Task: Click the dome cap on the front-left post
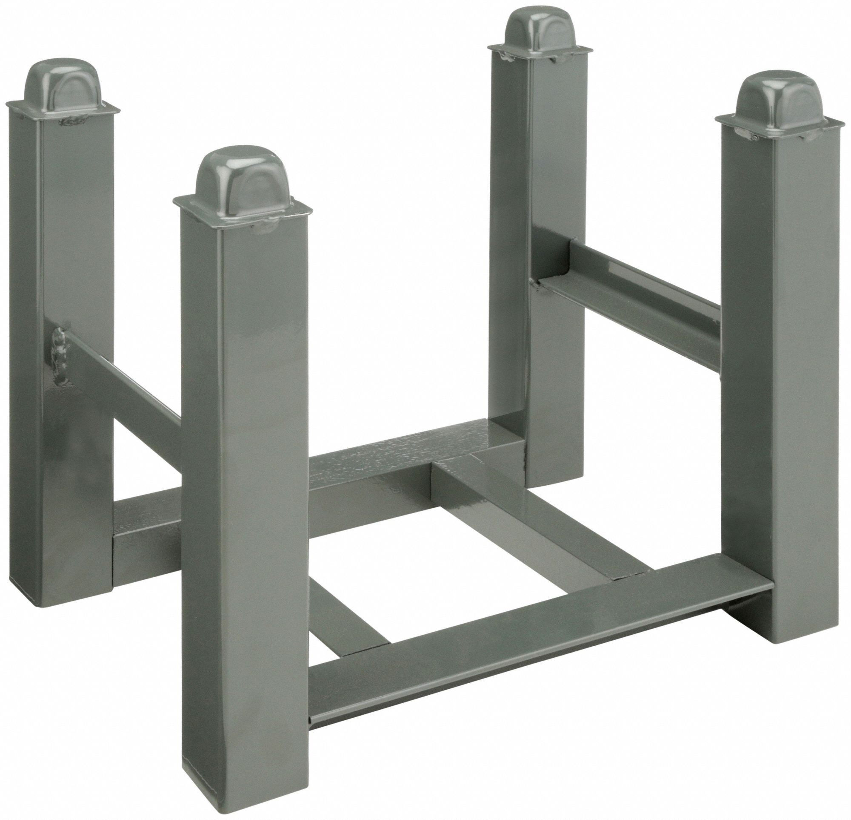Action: pyautogui.click(x=242, y=176)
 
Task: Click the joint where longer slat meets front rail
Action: pyautogui.click(x=630, y=576)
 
